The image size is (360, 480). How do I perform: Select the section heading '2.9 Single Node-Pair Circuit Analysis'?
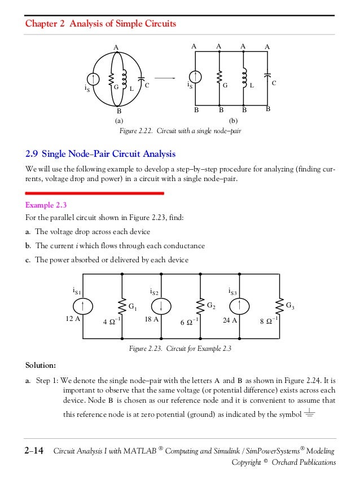[x=100, y=153]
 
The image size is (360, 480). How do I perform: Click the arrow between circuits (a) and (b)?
[x=164, y=78]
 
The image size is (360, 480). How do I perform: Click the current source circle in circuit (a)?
[x=94, y=80]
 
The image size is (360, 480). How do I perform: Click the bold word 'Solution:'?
[x=41, y=364]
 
